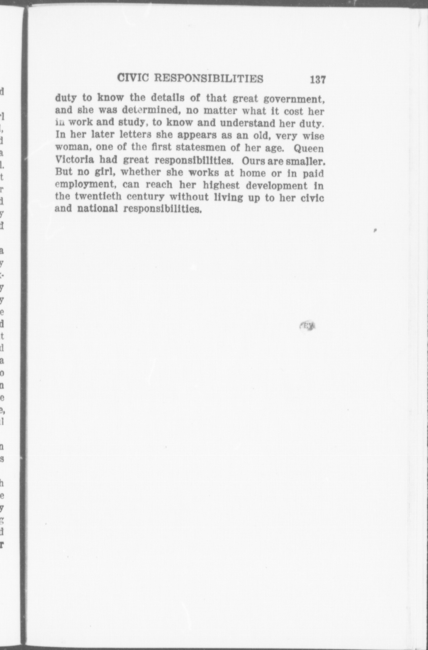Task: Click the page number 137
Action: click(x=318, y=80)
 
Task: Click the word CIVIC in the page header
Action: click(x=133, y=78)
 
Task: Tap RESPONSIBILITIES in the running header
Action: click(x=209, y=79)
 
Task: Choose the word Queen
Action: click(x=309, y=148)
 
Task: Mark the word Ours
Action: click(x=253, y=161)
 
